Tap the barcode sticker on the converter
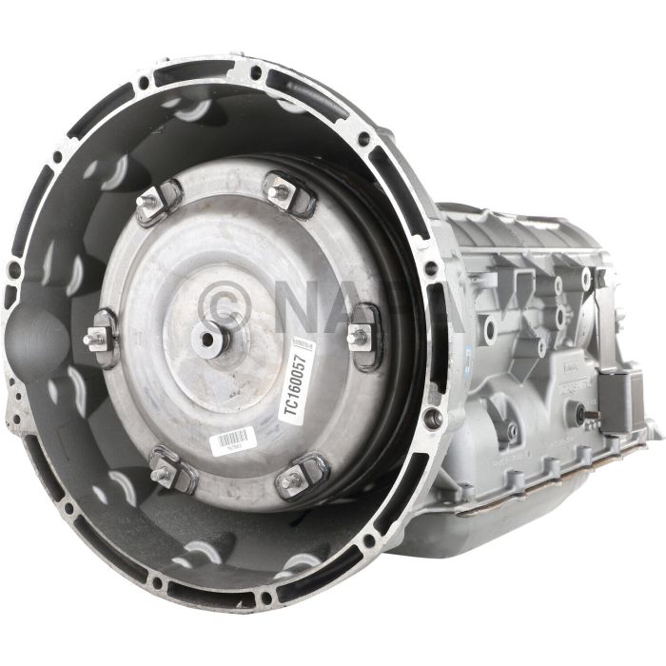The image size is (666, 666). pyautogui.click(x=232, y=439)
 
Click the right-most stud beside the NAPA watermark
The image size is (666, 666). pyautogui.click(x=361, y=333)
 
